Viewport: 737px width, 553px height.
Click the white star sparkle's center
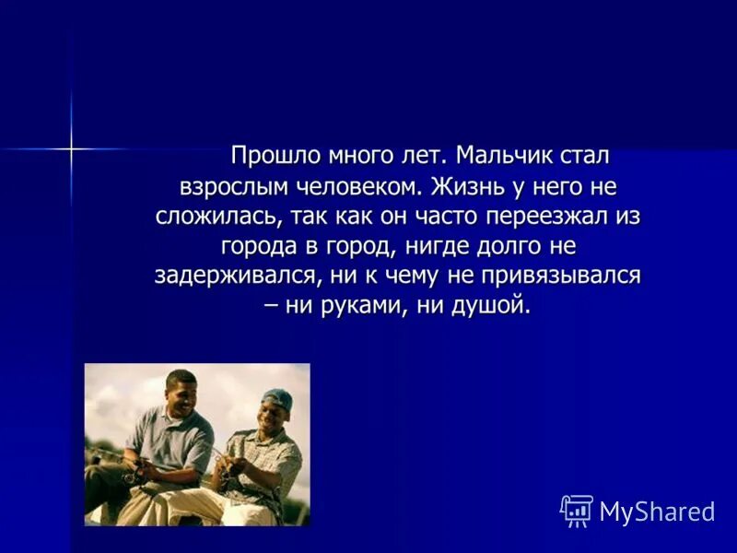tap(71, 147)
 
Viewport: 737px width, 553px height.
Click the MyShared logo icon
tap(577, 511)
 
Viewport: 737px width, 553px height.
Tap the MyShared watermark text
tap(657, 512)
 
